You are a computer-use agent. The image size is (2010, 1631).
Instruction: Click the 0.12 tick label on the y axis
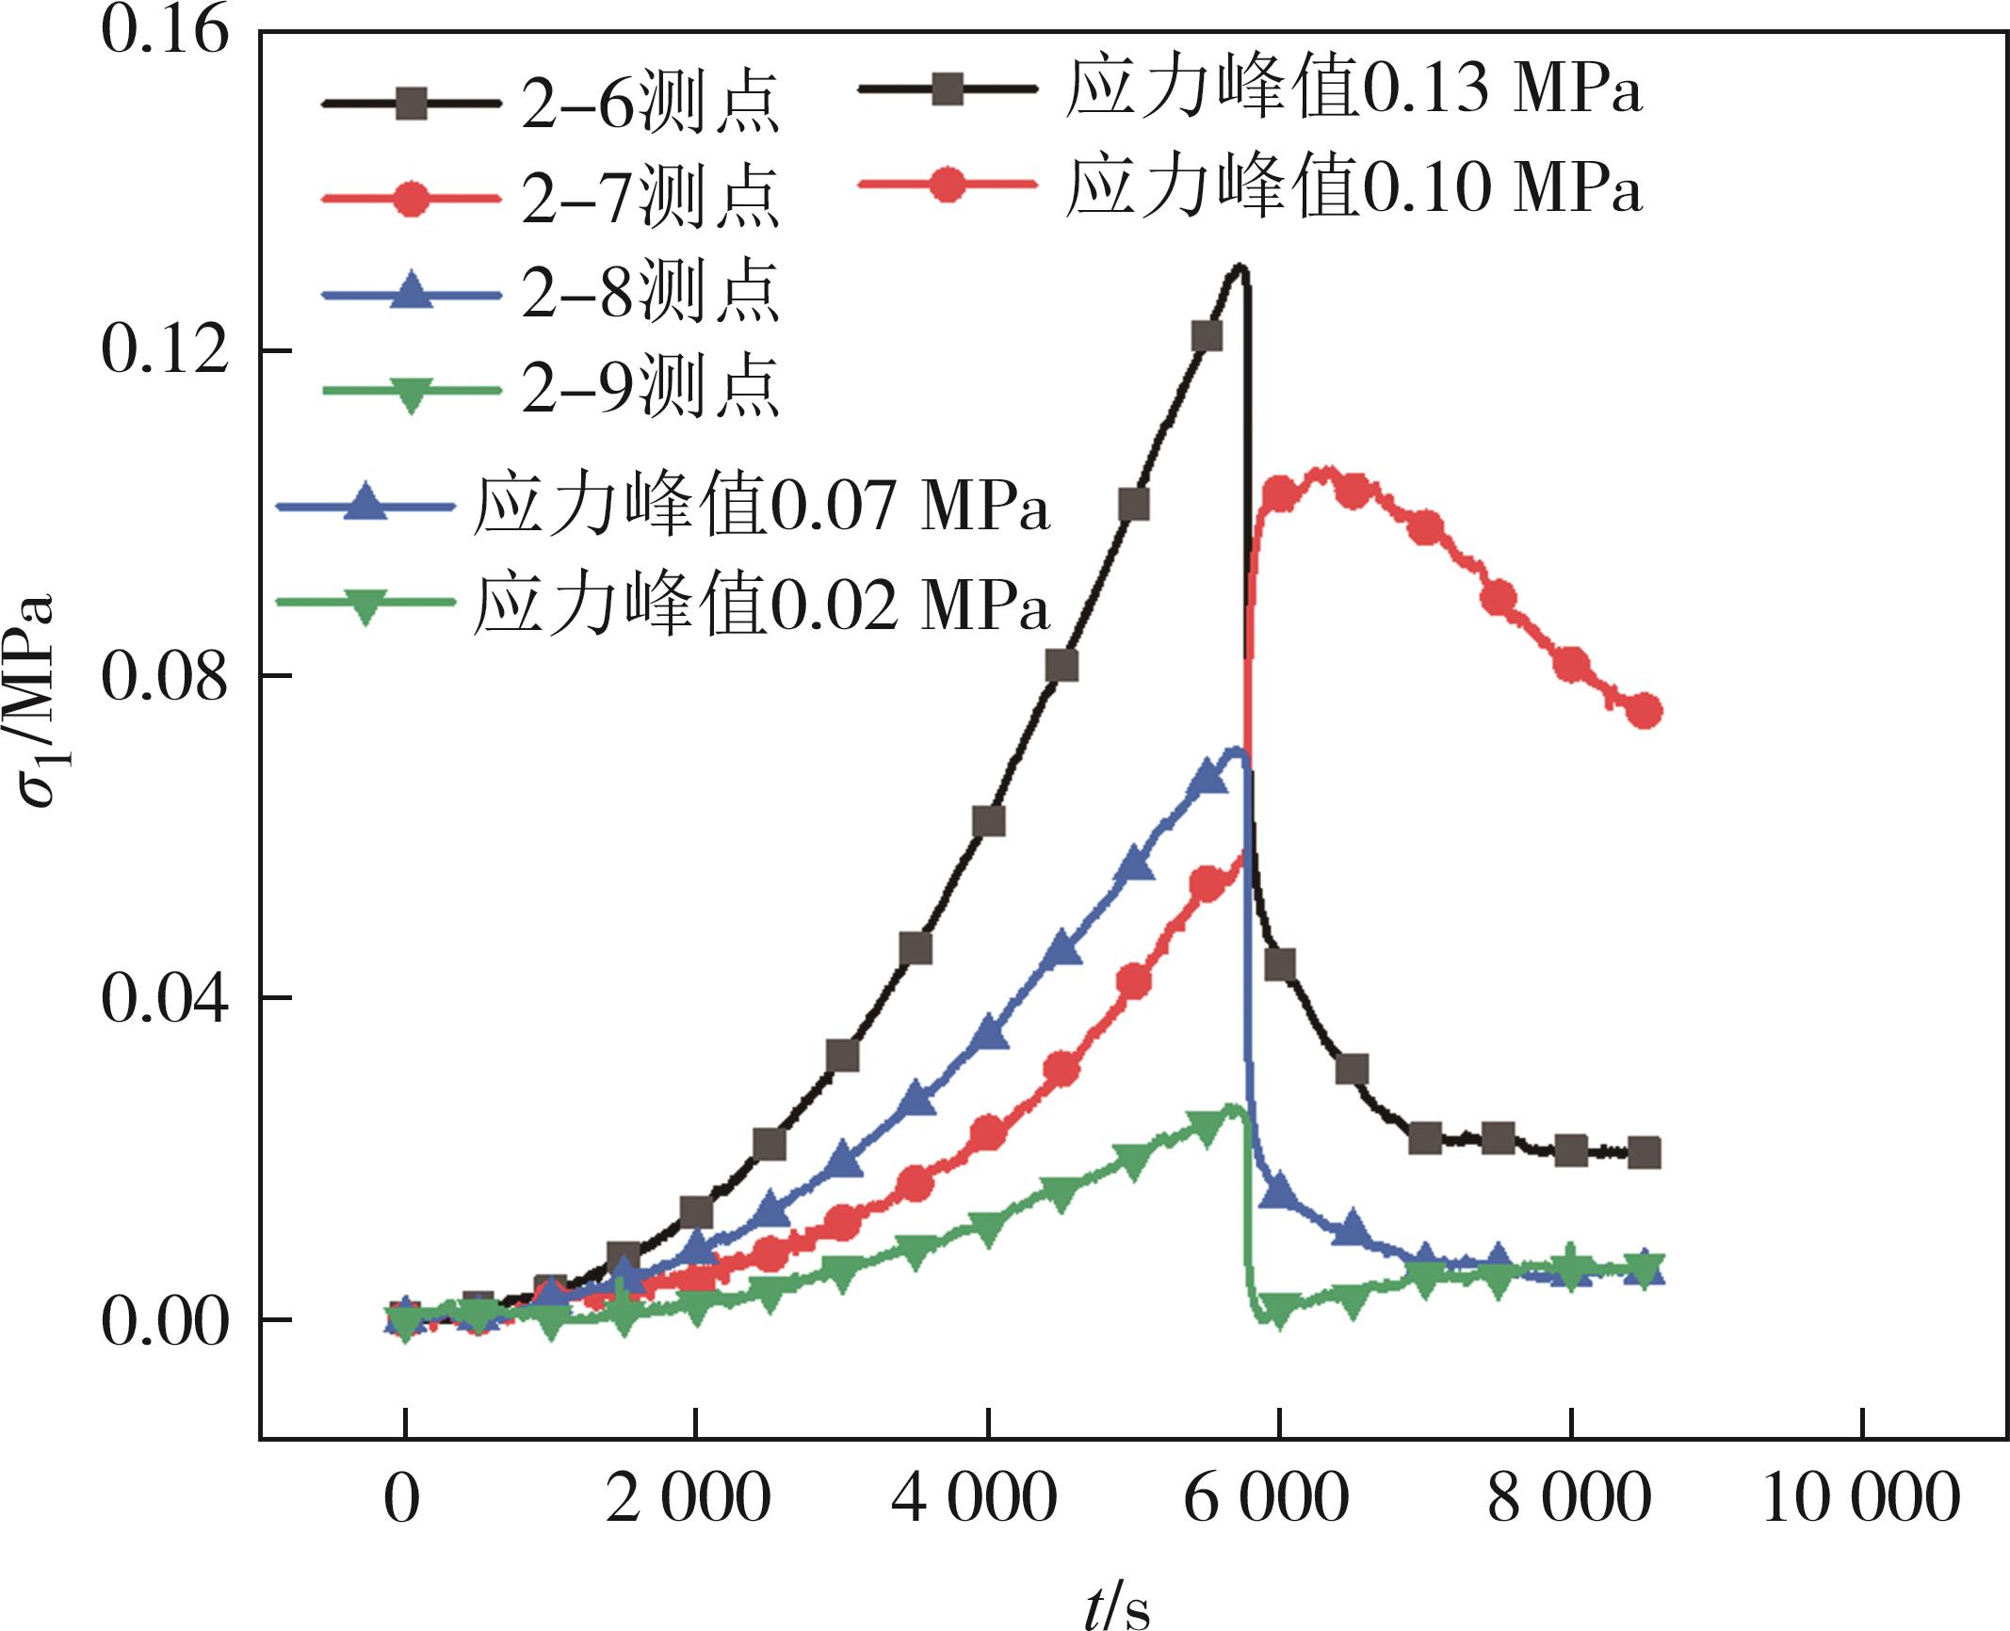[165, 351]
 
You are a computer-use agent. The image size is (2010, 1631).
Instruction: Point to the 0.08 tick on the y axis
[165, 676]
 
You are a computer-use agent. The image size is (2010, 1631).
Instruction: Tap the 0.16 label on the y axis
[165, 31]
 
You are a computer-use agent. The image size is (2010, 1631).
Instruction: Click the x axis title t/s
[1117, 1607]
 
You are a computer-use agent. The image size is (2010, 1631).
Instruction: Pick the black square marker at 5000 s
[1134, 505]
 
